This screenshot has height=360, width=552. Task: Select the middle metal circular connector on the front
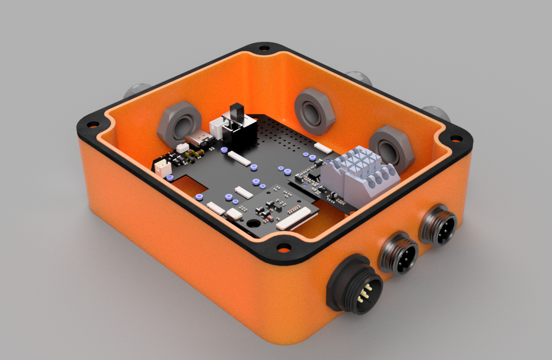pyautogui.click(x=399, y=254)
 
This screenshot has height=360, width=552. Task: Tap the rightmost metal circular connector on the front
pyautogui.click(x=439, y=225)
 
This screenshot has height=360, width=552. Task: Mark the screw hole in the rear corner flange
pyautogui.click(x=264, y=48)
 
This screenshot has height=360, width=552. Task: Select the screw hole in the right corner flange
pyautogui.click(x=456, y=138)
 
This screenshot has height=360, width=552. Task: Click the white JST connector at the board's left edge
pyautogui.click(x=162, y=166)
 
